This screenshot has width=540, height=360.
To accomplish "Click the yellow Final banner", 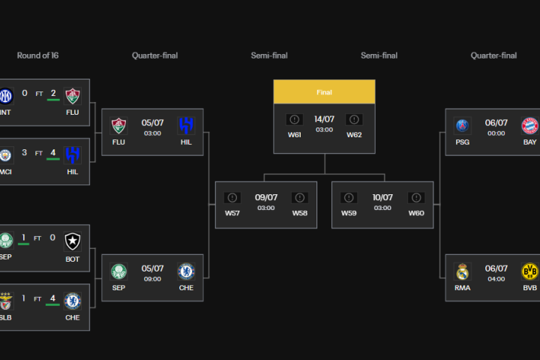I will coord(324,92).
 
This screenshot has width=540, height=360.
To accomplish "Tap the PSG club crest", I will coord(462,124).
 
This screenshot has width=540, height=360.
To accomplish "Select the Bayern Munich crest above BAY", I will coord(529,124).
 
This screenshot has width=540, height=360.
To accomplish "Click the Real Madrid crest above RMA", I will coord(462,271).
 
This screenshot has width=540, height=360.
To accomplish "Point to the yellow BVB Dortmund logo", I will coord(529,271).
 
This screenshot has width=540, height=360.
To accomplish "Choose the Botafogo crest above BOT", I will coord(72,241).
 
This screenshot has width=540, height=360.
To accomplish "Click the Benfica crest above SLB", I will coord(7,301).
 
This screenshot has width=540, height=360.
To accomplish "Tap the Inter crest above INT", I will coord(7,95).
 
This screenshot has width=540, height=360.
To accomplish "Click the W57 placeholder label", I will coord(232,213).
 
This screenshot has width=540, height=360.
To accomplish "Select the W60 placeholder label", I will coord(416,213).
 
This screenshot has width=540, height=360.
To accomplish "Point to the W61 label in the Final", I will coord(295,135).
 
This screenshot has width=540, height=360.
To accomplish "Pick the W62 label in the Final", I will coord(354,135).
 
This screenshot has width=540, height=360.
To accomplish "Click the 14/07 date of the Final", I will coord(324,118).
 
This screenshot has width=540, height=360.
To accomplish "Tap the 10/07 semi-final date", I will coord(382,197).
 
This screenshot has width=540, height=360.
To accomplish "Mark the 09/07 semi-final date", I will coord(265,197).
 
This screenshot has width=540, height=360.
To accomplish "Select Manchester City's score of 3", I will coord(25,152).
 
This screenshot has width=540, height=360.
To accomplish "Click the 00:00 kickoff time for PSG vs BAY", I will coord(496,133).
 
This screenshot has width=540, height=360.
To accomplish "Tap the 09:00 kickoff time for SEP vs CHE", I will coord(152,280).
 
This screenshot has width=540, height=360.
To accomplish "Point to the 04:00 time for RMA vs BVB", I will coord(496,280).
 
